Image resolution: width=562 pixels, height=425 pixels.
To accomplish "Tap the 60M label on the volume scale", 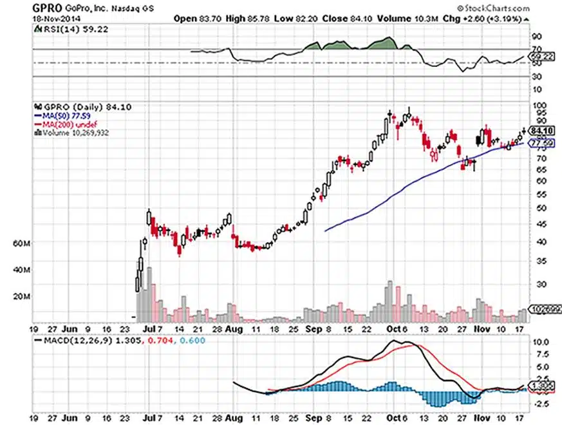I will click(22, 244).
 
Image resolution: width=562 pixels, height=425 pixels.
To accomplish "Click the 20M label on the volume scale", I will click(22, 297).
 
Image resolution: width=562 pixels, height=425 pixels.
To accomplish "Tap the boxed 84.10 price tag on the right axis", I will click(539, 129).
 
